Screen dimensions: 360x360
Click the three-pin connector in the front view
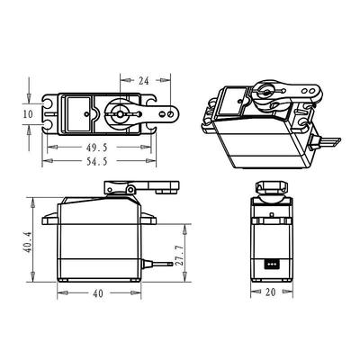point(272,265)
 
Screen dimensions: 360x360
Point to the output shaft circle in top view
point(121,114)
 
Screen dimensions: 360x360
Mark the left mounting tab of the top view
point(49,114)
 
